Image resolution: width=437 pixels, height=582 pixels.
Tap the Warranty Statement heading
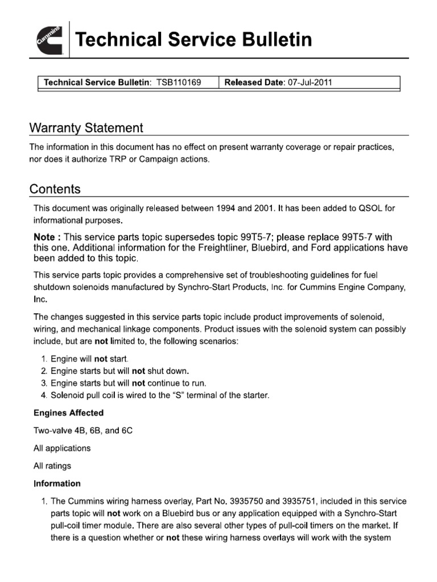point(86,128)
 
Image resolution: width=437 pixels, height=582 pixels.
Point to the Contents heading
point(55,189)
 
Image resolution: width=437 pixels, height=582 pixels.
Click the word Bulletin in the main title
point(270,40)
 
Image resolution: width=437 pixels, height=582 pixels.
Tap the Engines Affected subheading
point(68,413)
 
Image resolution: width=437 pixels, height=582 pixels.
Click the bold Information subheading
point(57,484)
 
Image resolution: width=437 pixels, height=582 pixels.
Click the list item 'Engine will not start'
point(89,359)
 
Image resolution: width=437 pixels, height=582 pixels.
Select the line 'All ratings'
point(52,466)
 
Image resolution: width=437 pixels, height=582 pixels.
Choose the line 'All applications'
point(62,448)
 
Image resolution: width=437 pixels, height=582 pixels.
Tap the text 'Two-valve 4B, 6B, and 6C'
point(83,431)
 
